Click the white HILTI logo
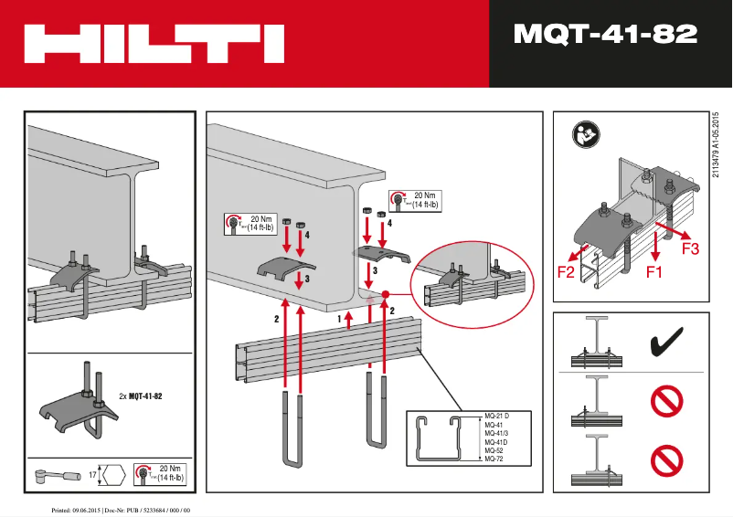[154, 43]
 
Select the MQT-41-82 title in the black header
[605, 36]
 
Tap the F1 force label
[654, 271]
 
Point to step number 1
[340, 318]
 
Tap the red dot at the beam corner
[387, 294]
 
